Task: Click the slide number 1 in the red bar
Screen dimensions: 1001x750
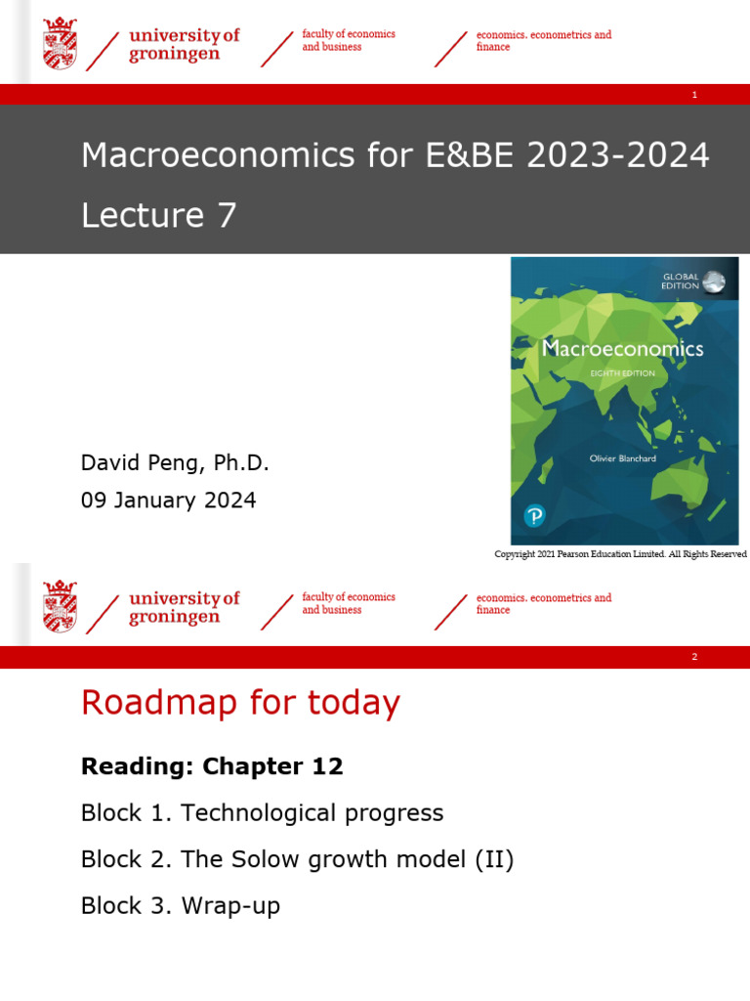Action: [x=694, y=95]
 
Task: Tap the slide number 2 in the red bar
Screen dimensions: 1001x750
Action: [x=694, y=657]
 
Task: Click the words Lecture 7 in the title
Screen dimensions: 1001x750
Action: [x=159, y=215]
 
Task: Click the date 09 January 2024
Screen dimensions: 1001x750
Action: [x=168, y=500]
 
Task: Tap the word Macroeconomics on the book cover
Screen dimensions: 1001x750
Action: [x=622, y=348]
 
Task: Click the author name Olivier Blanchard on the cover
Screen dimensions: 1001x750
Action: [x=623, y=457]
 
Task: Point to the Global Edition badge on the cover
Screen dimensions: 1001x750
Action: [x=693, y=282]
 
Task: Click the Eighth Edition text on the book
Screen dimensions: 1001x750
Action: [x=622, y=373]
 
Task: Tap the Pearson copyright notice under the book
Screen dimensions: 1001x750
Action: [x=620, y=554]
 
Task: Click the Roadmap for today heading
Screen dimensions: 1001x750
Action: [x=240, y=703]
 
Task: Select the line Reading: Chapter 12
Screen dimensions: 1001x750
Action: [x=212, y=766]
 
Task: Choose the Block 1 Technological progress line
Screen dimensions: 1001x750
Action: [x=262, y=813]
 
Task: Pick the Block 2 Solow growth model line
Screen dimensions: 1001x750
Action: [x=297, y=860]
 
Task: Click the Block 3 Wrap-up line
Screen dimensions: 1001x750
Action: [x=181, y=906]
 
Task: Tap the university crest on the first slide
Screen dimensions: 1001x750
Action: [x=60, y=44]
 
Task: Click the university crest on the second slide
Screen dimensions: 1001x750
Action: [x=60, y=606]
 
